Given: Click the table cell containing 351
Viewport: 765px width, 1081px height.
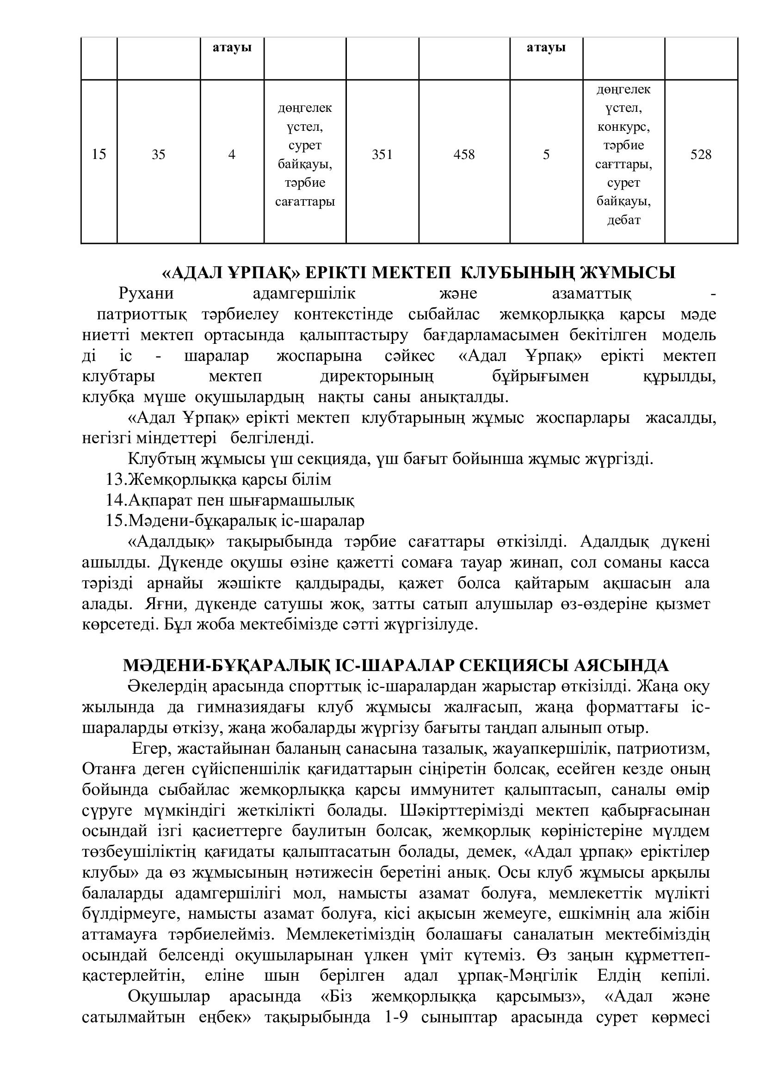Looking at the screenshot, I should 382,154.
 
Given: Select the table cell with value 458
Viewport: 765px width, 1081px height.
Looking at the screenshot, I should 464,154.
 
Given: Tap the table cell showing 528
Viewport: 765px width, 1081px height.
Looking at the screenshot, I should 700,154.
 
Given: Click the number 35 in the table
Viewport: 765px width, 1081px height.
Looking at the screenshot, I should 158,154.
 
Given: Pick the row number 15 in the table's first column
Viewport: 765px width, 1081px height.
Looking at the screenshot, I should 99,154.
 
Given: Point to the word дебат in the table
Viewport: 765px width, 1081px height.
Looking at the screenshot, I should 623,220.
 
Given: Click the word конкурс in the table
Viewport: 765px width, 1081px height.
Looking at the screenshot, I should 623,127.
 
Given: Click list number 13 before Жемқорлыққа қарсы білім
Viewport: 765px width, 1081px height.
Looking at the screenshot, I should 116,479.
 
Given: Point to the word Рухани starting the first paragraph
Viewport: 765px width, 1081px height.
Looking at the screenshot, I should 147,293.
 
